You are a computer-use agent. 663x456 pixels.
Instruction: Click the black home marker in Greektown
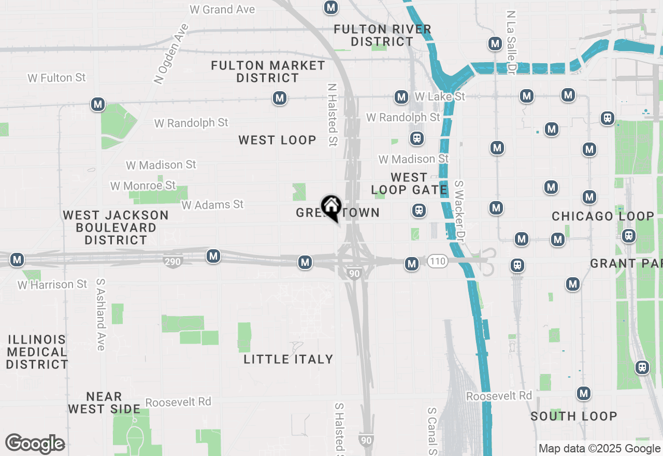pyautogui.click(x=331, y=207)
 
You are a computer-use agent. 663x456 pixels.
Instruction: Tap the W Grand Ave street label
pyautogui.click(x=223, y=9)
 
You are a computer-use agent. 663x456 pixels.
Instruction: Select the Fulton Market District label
pyautogui.click(x=268, y=72)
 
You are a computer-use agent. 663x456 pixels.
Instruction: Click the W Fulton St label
pyautogui.click(x=56, y=78)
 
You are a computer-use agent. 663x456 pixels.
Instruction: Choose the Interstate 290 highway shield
pyautogui.click(x=172, y=261)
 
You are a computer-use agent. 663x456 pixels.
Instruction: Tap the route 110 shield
pyautogui.click(x=438, y=261)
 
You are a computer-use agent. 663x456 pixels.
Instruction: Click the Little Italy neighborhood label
pyautogui.click(x=289, y=359)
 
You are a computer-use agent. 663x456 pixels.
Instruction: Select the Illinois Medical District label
pyautogui.click(x=37, y=352)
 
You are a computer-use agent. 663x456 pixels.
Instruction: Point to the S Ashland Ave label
pyautogui.click(x=100, y=315)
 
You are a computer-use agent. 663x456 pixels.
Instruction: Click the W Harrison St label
pyautogui.click(x=52, y=284)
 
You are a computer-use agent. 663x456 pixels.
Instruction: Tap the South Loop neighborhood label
pyautogui.click(x=574, y=416)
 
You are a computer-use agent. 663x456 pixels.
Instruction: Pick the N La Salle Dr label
pyautogui.click(x=512, y=41)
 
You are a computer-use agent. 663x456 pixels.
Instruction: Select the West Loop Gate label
pyautogui.click(x=409, y=184)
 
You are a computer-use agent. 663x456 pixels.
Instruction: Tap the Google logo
pyautogui.click(x=35, y=444)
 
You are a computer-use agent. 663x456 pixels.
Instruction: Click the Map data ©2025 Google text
pyautogui.click(x=599, y=449)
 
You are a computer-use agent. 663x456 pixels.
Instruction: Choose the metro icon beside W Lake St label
pyautogui.click(x=401, y=97)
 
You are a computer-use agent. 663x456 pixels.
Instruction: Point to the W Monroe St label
pyautogui.click(x=143, y=186)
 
